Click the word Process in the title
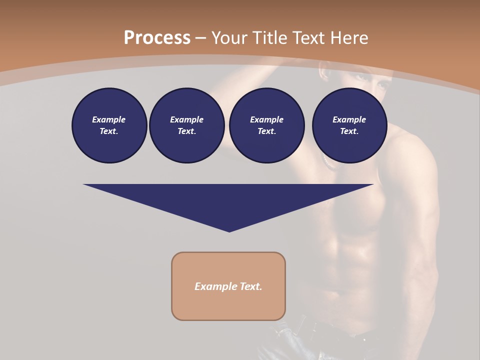click(x=157, y=38)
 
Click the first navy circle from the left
click(x=109, y=125)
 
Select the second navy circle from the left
click(x=186, y=125)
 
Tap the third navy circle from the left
click(x=266, y=125)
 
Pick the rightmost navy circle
click(x=349, y=125)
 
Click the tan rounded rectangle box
click(x=228, y=286)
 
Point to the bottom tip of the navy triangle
click(x=229, y=231)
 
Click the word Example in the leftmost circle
click(x=109, y=119)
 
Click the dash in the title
click(x=201, y=38)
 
